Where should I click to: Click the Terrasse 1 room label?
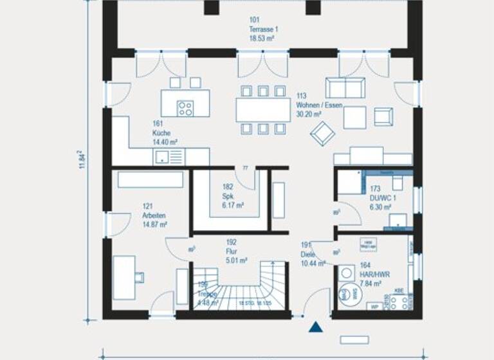[262, 30]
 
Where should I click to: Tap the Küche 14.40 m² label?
[165, 132]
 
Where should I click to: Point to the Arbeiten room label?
[154, 215]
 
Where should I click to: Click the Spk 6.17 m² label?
[232, 196]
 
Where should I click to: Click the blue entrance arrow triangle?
[315, 328]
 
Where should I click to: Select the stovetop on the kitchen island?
[185, 109]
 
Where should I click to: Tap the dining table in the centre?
[263, 109]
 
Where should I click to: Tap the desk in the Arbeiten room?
[124, 276]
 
